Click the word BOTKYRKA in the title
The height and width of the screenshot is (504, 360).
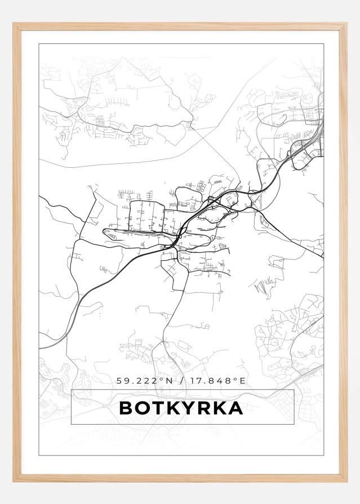(x=181, y=408)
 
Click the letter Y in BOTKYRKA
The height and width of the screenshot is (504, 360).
(x=188, y=408)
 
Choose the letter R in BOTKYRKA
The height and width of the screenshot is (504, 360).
(x=203, y=408)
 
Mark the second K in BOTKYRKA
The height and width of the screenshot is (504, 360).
(x=219, y=408)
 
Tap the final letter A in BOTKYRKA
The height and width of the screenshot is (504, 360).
(x=235, y=408)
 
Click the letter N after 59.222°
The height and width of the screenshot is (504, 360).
(x=168, y=381)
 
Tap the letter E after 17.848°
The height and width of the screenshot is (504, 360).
(x=243, y=381)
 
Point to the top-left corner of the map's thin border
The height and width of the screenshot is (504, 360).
(x=39, y=43)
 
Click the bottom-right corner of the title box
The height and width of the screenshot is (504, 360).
(x=294, y=424)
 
